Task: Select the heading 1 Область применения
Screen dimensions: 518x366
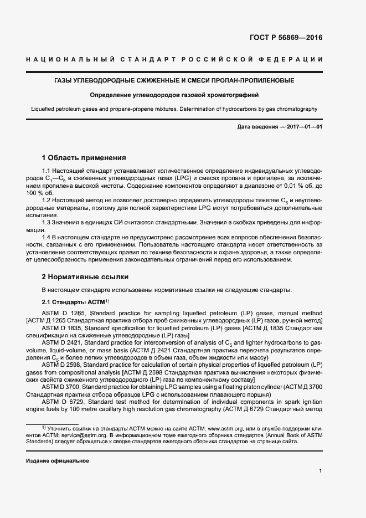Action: pyautogui.click(x=84, y=157)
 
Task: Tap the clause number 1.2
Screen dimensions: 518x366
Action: pyautogui.click(x=47, y=199)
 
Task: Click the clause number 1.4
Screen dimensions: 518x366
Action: pyautogui.click(x=47, y=237)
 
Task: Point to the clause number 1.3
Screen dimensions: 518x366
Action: pyautogui.click(x=47, y=222)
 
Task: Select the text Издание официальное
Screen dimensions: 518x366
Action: pyautogui.click(x=58, y=461)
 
